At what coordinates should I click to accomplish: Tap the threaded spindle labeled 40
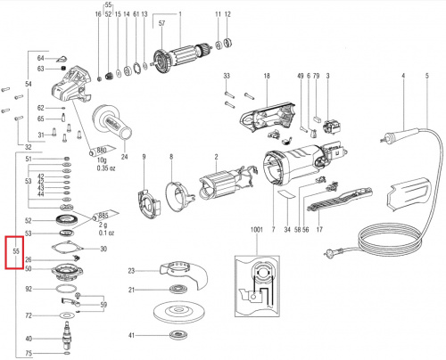click(66, 339)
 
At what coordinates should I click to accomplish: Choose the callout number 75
click(28, 354)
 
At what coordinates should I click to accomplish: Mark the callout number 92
click(28, 290)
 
